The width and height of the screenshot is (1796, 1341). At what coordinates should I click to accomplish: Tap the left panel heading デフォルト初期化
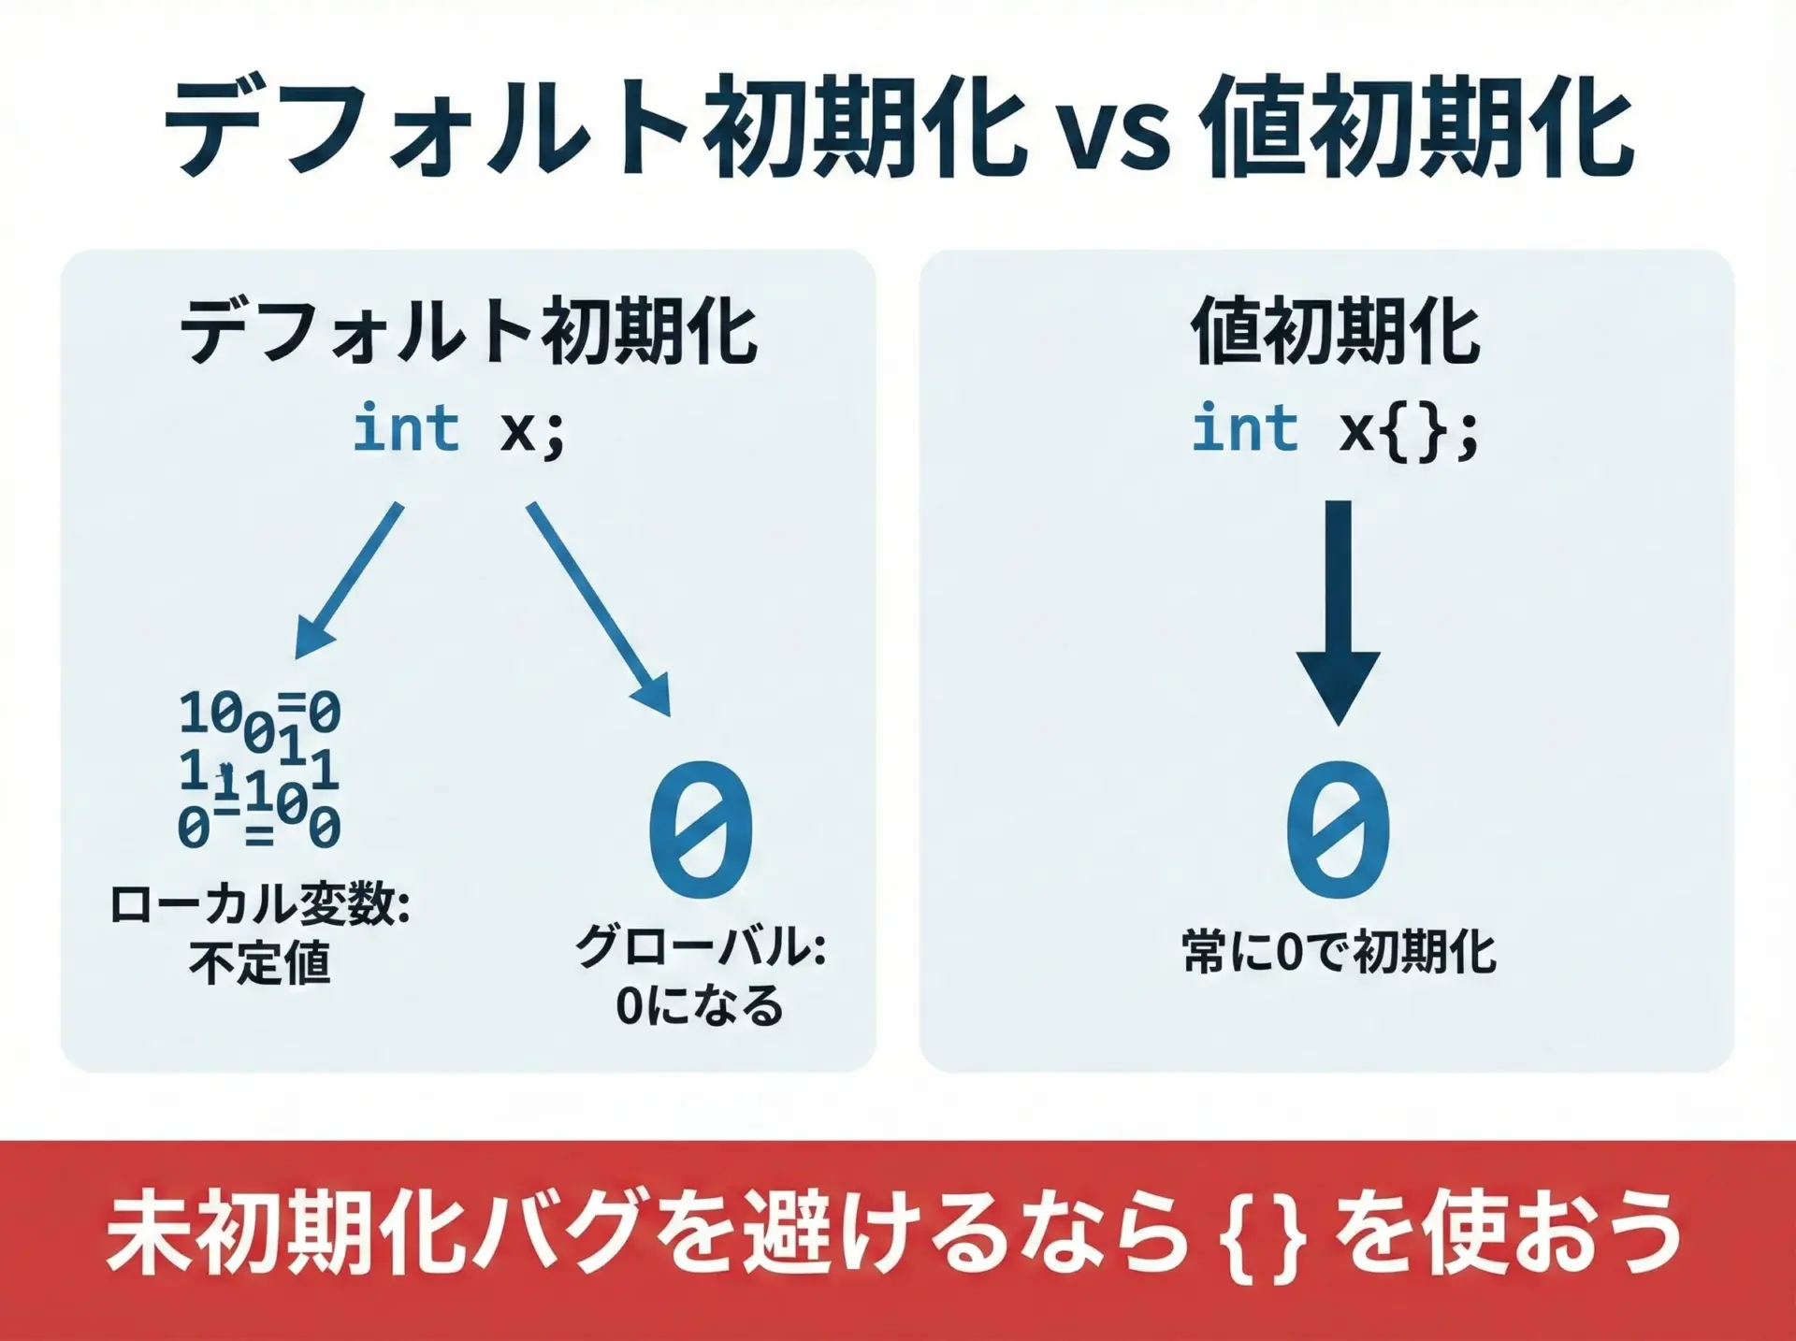click(468, 331)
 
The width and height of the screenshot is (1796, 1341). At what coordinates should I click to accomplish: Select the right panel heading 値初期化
click(1336, 331)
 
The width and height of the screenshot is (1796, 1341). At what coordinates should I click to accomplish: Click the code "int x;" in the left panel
click(459, 430)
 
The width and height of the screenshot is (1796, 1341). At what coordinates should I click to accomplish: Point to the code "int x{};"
click(1336, 430)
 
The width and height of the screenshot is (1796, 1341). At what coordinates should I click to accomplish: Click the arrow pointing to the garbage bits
click(349, 581)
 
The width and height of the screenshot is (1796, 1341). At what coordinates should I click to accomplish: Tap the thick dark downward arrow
click(1339, 613)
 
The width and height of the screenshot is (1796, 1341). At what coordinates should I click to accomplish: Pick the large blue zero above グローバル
click(702, 829)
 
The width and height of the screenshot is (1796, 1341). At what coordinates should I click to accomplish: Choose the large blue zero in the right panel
click(1339, 829)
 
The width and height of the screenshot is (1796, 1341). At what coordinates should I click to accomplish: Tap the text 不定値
click(260, 962)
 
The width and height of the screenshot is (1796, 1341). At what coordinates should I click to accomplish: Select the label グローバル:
click(702, 946)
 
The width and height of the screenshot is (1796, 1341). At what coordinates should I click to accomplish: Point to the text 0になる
click(700, 1005)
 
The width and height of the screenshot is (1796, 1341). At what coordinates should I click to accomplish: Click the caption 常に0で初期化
click(1339, 952)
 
